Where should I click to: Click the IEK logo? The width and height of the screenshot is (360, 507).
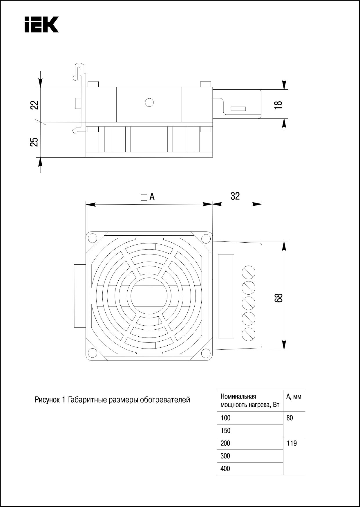(41, 24)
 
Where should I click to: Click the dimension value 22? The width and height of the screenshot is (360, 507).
(35, 105)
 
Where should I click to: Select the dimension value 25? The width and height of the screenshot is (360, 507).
(35, 142)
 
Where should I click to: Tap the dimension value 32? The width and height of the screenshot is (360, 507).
(235, 196)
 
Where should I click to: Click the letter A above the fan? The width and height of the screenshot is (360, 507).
(152, 197)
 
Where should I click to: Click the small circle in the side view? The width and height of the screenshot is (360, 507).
(149, 102)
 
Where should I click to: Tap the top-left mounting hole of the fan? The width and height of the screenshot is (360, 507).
(93, 238)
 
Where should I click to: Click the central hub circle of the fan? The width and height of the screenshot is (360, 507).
(149, 296)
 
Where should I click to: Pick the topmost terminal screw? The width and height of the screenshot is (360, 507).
(249, 272)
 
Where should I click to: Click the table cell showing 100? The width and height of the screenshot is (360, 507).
(225, 418)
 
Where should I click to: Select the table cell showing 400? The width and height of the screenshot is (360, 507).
(225, 469)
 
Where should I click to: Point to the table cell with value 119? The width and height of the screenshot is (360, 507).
(292, 443)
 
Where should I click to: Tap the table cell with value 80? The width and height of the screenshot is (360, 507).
(290, 418)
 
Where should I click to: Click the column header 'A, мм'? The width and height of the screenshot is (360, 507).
(294, 396)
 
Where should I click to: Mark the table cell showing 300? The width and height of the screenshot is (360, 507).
(225, 456)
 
